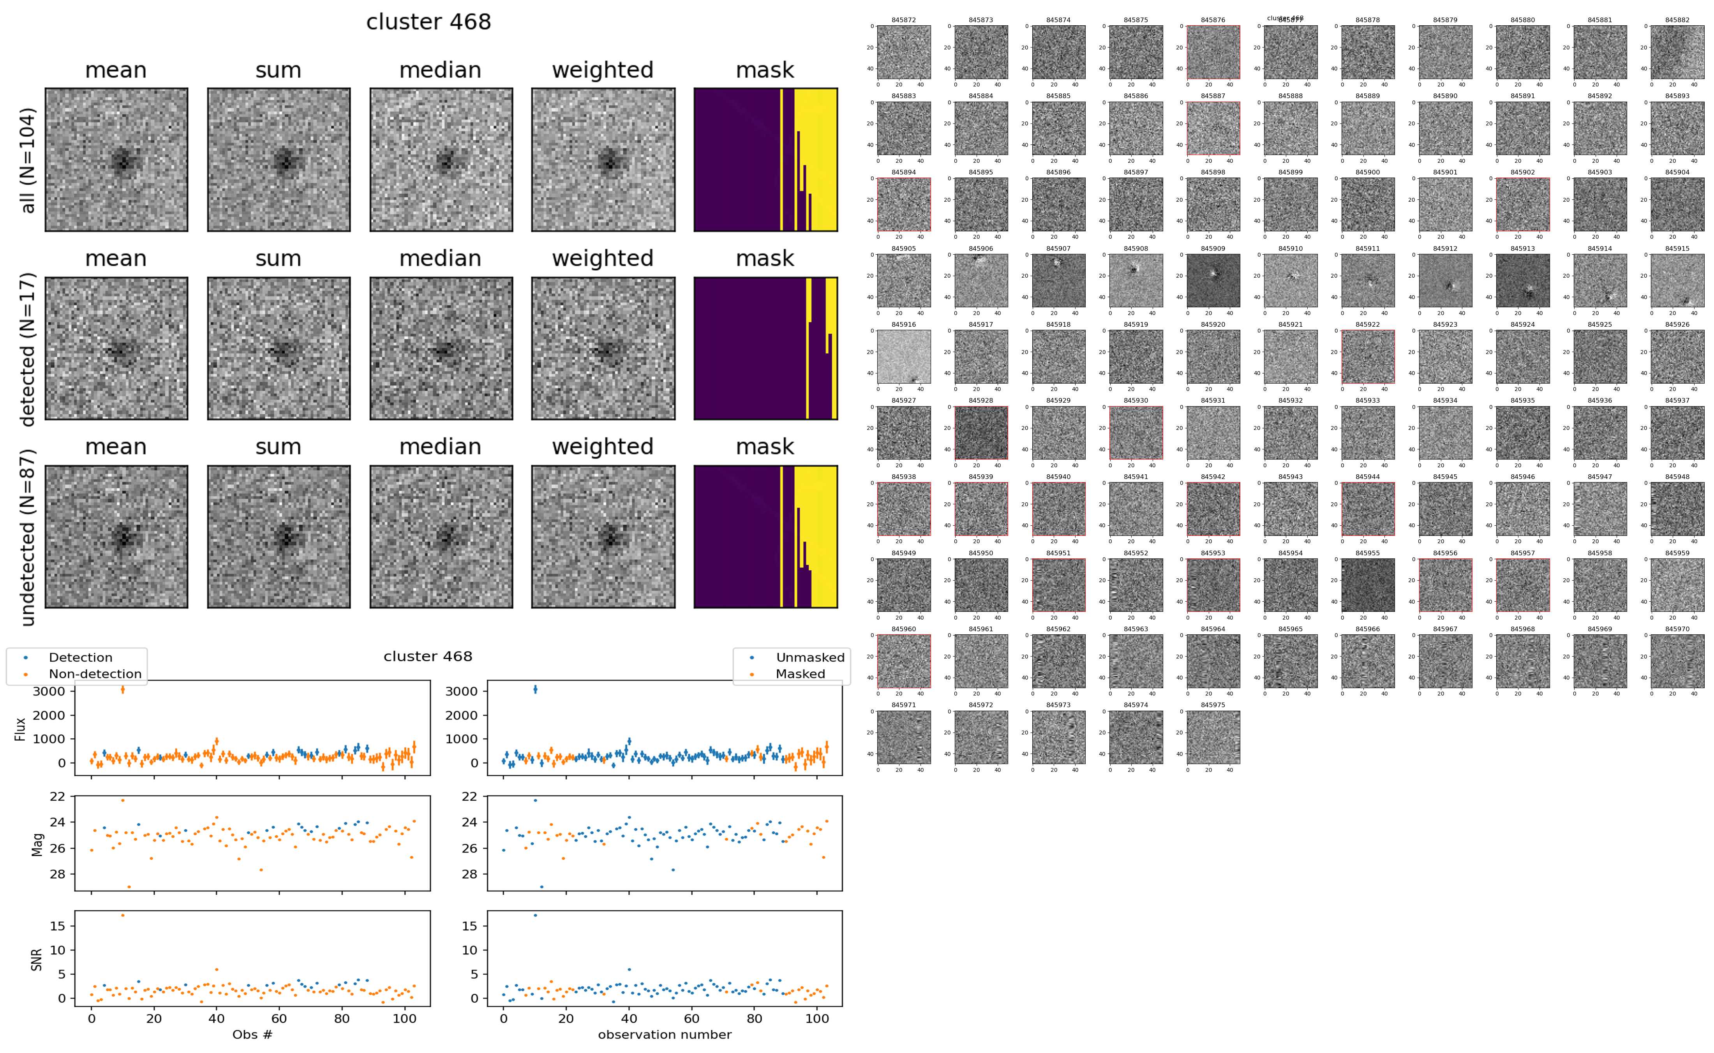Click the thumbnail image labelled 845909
point(1213,281)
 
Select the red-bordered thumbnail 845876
point(1213,52)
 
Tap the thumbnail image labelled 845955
point(1367,585)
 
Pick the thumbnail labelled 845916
point(903,357)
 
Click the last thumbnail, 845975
point(1213,737)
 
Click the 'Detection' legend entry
point(80,657)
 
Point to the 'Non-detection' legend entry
point(95,673)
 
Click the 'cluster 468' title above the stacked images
point(428,22)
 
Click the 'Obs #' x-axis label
point(252,1034)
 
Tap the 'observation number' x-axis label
point(665,1034)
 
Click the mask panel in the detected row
point(765,348)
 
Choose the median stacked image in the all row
point(441,160)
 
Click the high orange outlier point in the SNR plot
point(123,915)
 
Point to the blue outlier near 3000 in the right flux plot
point(535,689)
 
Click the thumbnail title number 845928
point(980,400)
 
